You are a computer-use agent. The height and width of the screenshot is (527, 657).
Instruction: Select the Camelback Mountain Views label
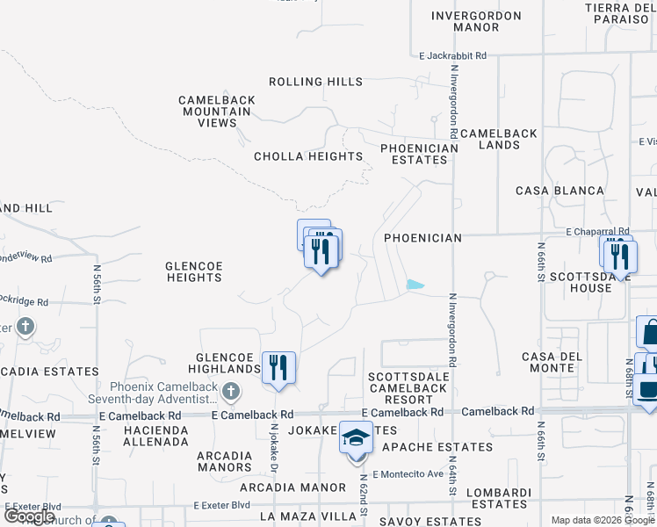pos(217,112)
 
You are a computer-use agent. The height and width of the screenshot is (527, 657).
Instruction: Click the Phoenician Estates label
pos(419,155)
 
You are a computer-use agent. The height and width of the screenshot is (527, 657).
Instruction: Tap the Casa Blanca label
pos(560,191)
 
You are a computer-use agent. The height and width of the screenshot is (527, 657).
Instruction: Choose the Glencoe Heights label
pos(194,271)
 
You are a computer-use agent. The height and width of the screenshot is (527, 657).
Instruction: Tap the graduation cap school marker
pos(356,438)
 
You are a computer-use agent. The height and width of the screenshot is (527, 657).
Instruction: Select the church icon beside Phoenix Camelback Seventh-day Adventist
pos(230,390)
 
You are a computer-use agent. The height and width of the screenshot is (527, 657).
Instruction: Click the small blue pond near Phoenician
pos(415,285)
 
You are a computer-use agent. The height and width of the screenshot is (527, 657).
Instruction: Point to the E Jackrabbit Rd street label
pos(452,55)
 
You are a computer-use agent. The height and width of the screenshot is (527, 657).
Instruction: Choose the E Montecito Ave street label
pos(408,474)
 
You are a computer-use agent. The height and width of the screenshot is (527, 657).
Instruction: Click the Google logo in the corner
pos(30,516)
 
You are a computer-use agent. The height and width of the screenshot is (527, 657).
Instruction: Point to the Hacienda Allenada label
pos(156,436)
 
